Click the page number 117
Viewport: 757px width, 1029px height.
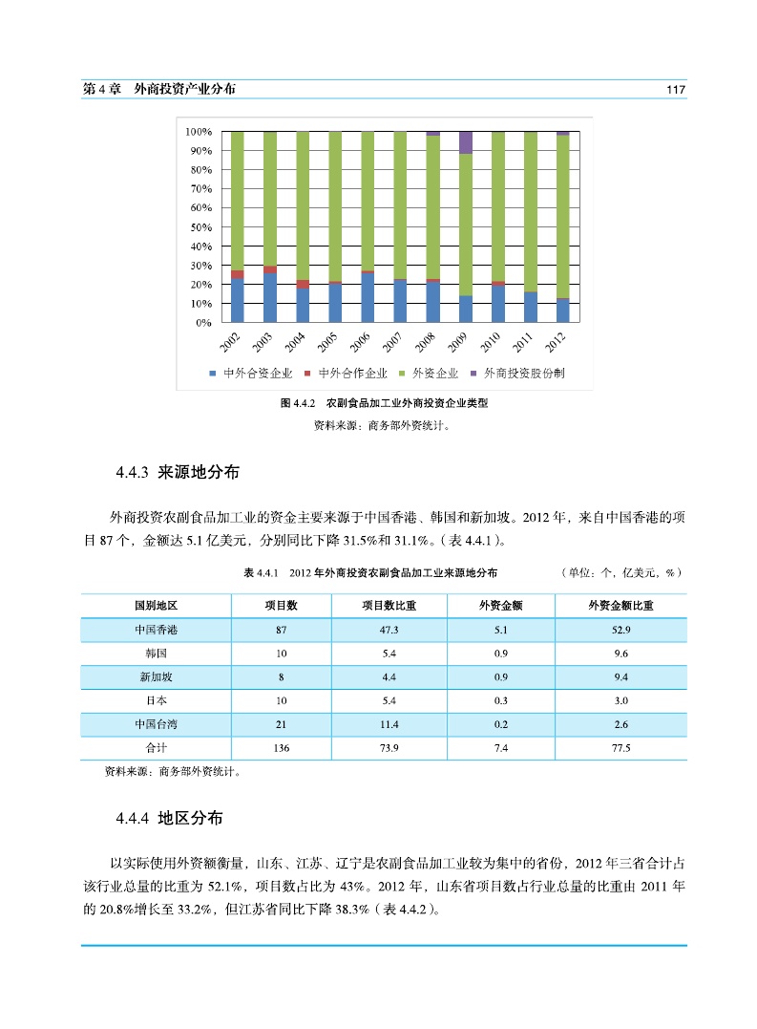pos(676,89)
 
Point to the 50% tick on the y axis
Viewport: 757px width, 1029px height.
pos(199,227)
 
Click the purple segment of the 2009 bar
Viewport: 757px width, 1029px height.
pos(466,142)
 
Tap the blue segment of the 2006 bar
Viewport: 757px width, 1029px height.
pos(368,298)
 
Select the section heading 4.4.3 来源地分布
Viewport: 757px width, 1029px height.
pos(177,472)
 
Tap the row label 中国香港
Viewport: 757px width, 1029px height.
pos(156,630)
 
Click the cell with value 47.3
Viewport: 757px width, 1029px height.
pos(389,630)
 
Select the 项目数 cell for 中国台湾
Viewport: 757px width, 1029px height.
pos(281,724)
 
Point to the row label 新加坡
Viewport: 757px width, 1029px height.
pos(156,676)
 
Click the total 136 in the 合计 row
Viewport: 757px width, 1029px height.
pos(281,748)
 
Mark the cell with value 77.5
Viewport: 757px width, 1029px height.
pos(621,748)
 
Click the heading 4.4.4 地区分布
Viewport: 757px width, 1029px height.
pos(169,819)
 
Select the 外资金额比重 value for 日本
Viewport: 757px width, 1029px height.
pos(621,700)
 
